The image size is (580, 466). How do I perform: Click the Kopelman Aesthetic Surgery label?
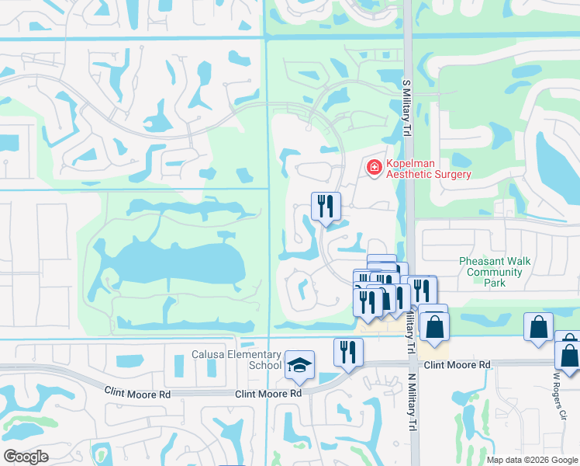point(428,169)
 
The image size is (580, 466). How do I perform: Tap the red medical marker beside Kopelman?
point(374,167)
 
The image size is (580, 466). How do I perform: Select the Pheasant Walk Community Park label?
point(495,272)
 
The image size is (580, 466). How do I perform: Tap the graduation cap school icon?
point(299,365)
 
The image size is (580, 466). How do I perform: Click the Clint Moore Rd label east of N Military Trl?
point(457,364)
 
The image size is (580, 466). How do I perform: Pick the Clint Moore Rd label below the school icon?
point(268,394)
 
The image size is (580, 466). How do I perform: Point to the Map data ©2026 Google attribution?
point(532,460)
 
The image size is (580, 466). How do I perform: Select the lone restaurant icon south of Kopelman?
point(325,207)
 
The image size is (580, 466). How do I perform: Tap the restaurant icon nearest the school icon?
point(347,352)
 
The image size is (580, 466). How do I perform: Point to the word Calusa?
point(209,355)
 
